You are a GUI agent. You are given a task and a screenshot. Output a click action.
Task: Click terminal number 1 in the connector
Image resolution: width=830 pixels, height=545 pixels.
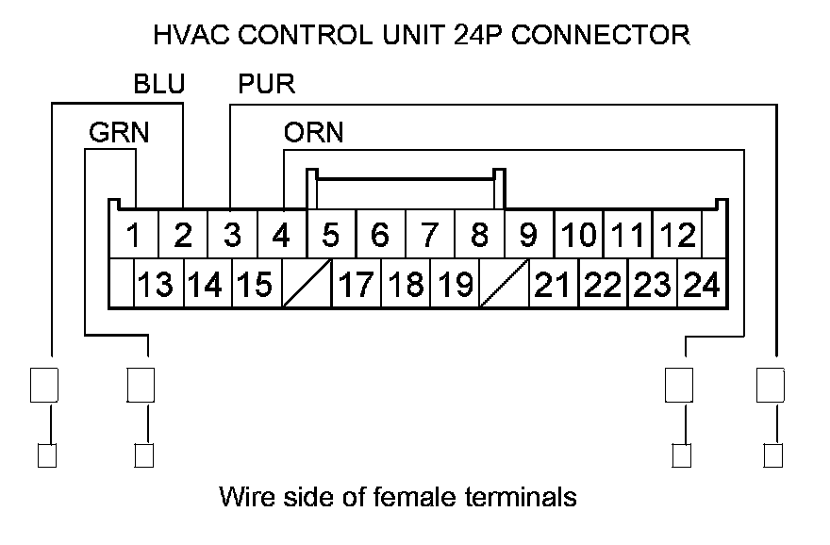[134, 235]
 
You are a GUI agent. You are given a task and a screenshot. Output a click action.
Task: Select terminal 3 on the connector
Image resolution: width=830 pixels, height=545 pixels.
[232, 235]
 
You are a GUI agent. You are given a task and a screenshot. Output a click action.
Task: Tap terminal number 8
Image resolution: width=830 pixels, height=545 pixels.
[479, 235]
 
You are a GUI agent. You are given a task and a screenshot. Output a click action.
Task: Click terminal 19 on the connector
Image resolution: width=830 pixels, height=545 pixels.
[455, 284]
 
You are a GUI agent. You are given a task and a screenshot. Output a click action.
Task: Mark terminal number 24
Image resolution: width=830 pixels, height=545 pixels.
[702, 284]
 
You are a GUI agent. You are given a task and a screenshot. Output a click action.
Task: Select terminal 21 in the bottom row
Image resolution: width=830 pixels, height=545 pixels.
[553, 284]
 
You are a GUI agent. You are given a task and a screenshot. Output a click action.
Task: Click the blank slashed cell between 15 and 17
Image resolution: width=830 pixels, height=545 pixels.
[307, 284]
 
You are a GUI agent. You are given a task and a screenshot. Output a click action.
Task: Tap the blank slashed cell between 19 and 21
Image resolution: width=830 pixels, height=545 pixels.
[504, 284]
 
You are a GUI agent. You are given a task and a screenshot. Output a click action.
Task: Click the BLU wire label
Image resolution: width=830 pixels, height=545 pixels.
[158, 85]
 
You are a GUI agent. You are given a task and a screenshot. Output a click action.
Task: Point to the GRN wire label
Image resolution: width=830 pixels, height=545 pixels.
[119, 132]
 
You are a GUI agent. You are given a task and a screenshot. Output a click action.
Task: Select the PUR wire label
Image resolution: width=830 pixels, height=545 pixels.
[266, 85]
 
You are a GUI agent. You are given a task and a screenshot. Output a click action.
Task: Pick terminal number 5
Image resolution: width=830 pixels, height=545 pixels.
[330, 235]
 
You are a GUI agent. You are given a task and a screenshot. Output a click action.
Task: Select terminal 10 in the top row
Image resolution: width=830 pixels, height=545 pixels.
[578, 235]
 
